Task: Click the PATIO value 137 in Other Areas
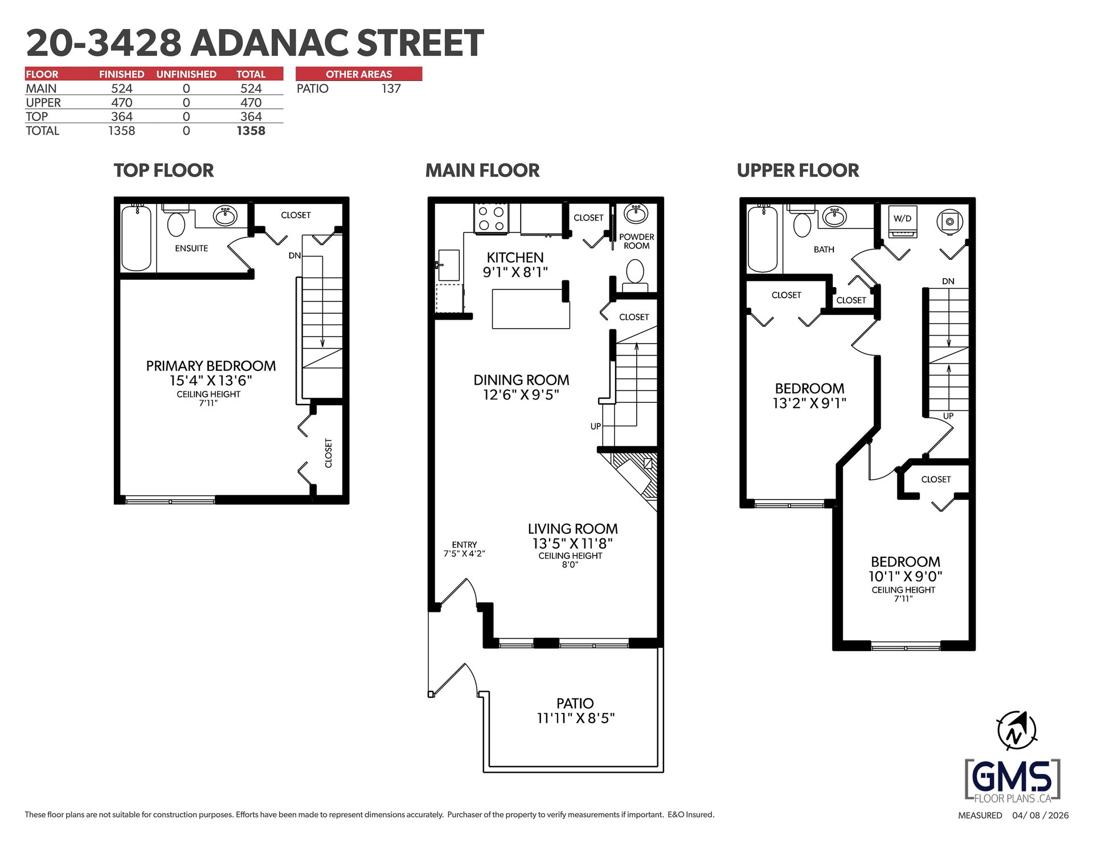coord(391,88)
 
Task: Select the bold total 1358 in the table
coord(251,130)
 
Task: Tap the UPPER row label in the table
coord(43,103)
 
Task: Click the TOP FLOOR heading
coord(163,170)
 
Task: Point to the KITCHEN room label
coord(515,258)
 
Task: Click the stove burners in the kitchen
coord(491,218)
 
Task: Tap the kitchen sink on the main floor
coord(448,265)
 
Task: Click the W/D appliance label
coord(902,218)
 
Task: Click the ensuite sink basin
coord(226,216)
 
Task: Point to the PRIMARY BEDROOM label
coord(211,366)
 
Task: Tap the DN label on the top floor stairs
coord(294,255)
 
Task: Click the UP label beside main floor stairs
coord(596,426)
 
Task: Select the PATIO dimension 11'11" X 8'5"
coord(575,719)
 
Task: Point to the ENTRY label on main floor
coord(464,545)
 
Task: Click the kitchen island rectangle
coord(531,309)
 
